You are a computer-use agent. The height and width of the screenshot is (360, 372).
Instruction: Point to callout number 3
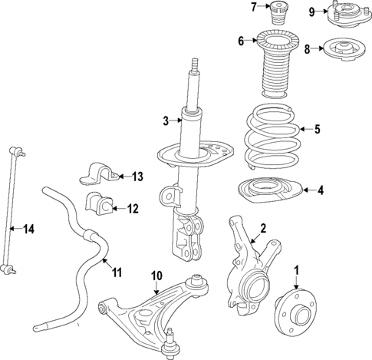click(165, 120)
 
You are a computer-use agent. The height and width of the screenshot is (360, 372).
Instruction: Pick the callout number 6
click(241, 41)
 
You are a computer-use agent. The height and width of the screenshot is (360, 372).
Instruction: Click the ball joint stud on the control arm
click(170, 336)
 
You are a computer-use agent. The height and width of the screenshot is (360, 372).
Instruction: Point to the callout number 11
click(117, 272)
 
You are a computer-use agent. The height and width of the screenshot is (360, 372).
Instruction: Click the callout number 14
click(29, 228)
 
